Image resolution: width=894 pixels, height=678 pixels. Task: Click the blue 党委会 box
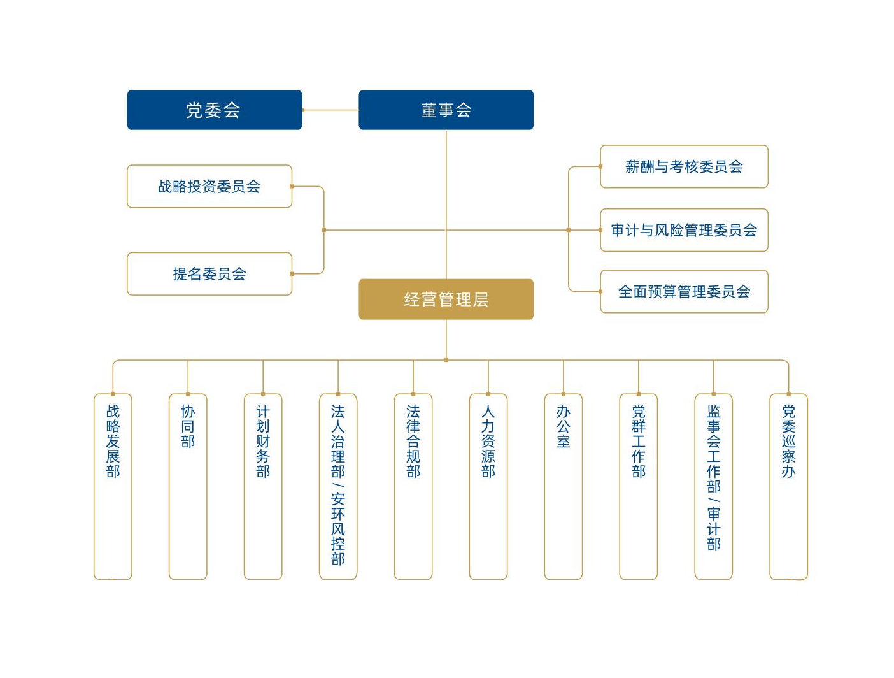214,110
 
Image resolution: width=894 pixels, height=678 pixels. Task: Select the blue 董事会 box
446,110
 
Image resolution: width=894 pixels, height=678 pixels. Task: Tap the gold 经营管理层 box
446,299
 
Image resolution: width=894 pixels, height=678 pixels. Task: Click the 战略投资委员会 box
209,186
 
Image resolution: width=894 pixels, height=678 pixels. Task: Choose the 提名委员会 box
209,274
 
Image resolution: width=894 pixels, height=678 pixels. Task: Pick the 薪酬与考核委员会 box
684,166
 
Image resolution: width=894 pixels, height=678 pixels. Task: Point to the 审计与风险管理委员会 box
684,230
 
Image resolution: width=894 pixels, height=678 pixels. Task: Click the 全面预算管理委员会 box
684,291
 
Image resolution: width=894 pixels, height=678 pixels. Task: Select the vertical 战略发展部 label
113,441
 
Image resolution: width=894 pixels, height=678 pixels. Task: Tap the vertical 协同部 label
188,426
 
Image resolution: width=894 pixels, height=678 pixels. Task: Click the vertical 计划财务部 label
263,441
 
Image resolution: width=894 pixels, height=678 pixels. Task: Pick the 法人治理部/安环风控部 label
337,485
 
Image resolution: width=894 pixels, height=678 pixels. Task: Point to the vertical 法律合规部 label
413,441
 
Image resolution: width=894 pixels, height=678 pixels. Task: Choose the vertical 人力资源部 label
488,441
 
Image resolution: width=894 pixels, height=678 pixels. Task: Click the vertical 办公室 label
563,426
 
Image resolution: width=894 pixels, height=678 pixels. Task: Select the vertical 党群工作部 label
638,441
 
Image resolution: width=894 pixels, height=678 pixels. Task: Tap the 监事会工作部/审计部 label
713,477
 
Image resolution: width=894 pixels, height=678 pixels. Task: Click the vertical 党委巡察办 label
788,441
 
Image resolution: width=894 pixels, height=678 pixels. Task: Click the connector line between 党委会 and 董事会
330,110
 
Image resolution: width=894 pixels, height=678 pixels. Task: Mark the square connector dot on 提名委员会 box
292,274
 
